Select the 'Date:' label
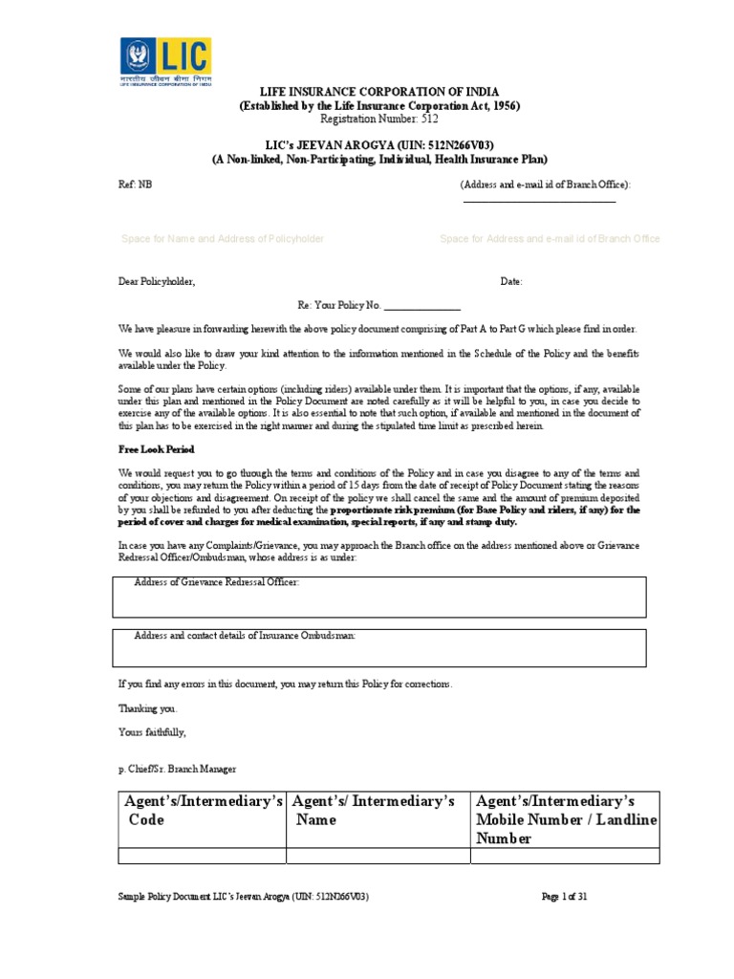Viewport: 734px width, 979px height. point(511,282)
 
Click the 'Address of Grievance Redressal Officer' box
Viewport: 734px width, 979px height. point(379,597)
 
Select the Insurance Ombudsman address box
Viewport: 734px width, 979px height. point(379,647)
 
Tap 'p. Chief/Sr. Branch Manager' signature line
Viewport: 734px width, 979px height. point(177,769)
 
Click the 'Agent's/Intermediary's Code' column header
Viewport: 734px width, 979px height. point(201,810)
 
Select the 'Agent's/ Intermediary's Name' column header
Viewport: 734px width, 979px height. point(377,810)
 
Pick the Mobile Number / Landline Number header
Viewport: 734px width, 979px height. point(566,819)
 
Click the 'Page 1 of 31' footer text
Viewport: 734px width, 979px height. point(570,897)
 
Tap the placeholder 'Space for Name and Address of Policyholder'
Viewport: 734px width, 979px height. point(223,239)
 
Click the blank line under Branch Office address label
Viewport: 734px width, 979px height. point(539,201)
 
